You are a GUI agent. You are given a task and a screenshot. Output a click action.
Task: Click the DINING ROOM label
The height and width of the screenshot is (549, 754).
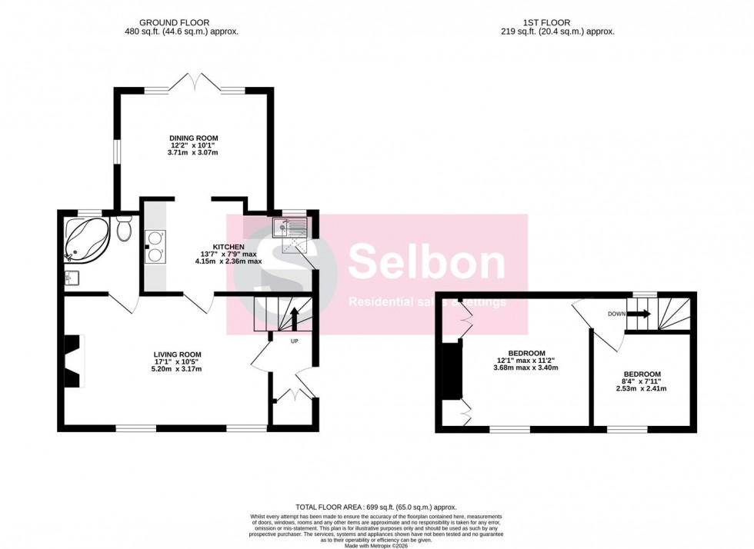pos(193,136)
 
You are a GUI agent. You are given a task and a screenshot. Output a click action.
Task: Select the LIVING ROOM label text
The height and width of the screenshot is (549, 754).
pos(176,354)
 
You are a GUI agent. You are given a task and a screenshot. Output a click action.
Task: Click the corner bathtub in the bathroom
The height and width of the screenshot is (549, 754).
pos(85,238)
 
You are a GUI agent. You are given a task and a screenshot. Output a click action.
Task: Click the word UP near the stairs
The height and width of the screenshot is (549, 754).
pos(294,341)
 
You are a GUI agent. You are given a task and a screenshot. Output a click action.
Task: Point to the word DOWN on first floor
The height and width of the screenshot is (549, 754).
pos(616,314)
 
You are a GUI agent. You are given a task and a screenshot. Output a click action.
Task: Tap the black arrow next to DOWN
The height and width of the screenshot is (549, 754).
pos(640,314)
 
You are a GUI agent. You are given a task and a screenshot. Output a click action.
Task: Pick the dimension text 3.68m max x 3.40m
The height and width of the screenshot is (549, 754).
pos(525,368)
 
